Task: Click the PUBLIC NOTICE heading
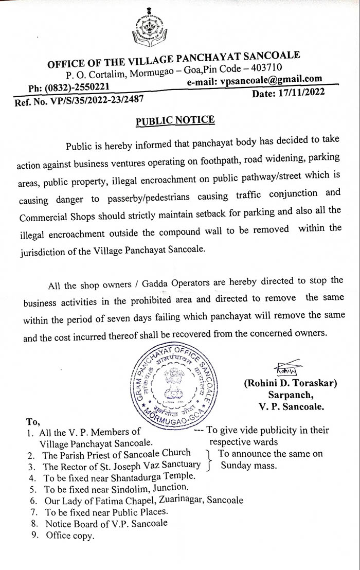pos(175,120)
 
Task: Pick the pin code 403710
pos(265,68)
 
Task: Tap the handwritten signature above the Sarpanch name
pos(282,370)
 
